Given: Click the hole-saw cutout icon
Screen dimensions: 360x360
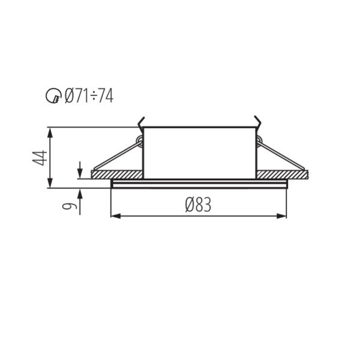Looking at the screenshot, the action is pyautogui.click(x=53, y=96).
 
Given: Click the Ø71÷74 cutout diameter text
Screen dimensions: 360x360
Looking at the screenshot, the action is pyautogui.click(x=89, y=96).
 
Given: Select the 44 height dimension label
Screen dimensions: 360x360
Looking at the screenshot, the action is pyautogui.click(x=40, y=158).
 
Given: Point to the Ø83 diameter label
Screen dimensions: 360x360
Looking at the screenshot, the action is pyautogui.click(x=198, y=205).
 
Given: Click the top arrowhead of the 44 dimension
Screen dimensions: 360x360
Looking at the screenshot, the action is pyautogui.click(x=50, y=132).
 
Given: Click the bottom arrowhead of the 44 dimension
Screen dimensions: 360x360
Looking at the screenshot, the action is pyautogui.click(x=50, y=183).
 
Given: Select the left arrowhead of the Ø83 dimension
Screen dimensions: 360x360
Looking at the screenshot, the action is pyautogui.click(x=116, y=216).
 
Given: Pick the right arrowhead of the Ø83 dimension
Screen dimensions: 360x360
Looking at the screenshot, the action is pyautogui.click(x=282, y=216).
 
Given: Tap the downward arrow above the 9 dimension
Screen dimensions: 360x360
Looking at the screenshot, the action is pyautogui.click(x=80, y=170).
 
